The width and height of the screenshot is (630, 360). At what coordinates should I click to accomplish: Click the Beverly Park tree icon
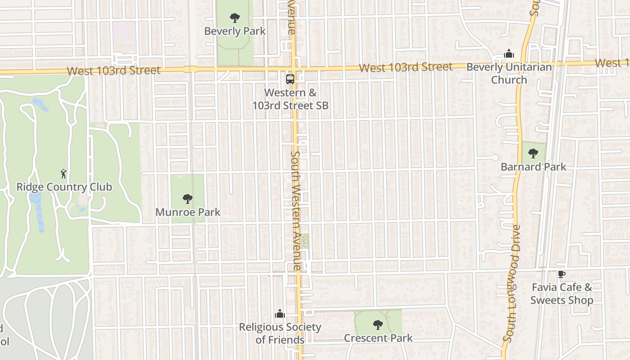pos(234,18)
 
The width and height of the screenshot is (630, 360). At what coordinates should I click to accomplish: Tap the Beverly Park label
pos(235,31)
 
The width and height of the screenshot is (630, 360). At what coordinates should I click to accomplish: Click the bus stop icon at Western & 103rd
pos(290,79)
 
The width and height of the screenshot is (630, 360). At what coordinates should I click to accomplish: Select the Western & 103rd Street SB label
pos(290,99)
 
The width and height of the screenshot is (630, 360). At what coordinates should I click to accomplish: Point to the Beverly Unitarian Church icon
pos(509,54)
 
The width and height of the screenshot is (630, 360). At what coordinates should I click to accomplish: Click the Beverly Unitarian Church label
pos(509,73)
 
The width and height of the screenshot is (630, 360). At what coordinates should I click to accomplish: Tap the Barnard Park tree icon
pos(533,153)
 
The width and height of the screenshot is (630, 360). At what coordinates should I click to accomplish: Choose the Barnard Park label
pos(533,167)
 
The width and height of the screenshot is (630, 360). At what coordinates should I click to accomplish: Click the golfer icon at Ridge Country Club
pos(63,174)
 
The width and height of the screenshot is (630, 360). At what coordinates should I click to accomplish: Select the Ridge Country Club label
pos(64,187)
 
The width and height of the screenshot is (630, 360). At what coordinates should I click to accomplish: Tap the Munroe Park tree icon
pos(188,198)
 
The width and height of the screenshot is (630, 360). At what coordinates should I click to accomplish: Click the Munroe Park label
pos(188,212)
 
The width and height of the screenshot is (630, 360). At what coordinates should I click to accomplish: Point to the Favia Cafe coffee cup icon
pos(561,274)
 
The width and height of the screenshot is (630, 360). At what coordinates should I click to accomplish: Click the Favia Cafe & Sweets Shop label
pos(562,293)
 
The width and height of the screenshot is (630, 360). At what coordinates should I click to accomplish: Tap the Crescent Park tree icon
pos(378,324)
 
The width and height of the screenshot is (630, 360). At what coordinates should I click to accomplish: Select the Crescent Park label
pos(378,338)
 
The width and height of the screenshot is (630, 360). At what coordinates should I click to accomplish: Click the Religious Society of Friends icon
pos(280,313)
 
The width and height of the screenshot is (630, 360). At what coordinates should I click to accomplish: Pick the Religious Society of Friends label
pos(280,333)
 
